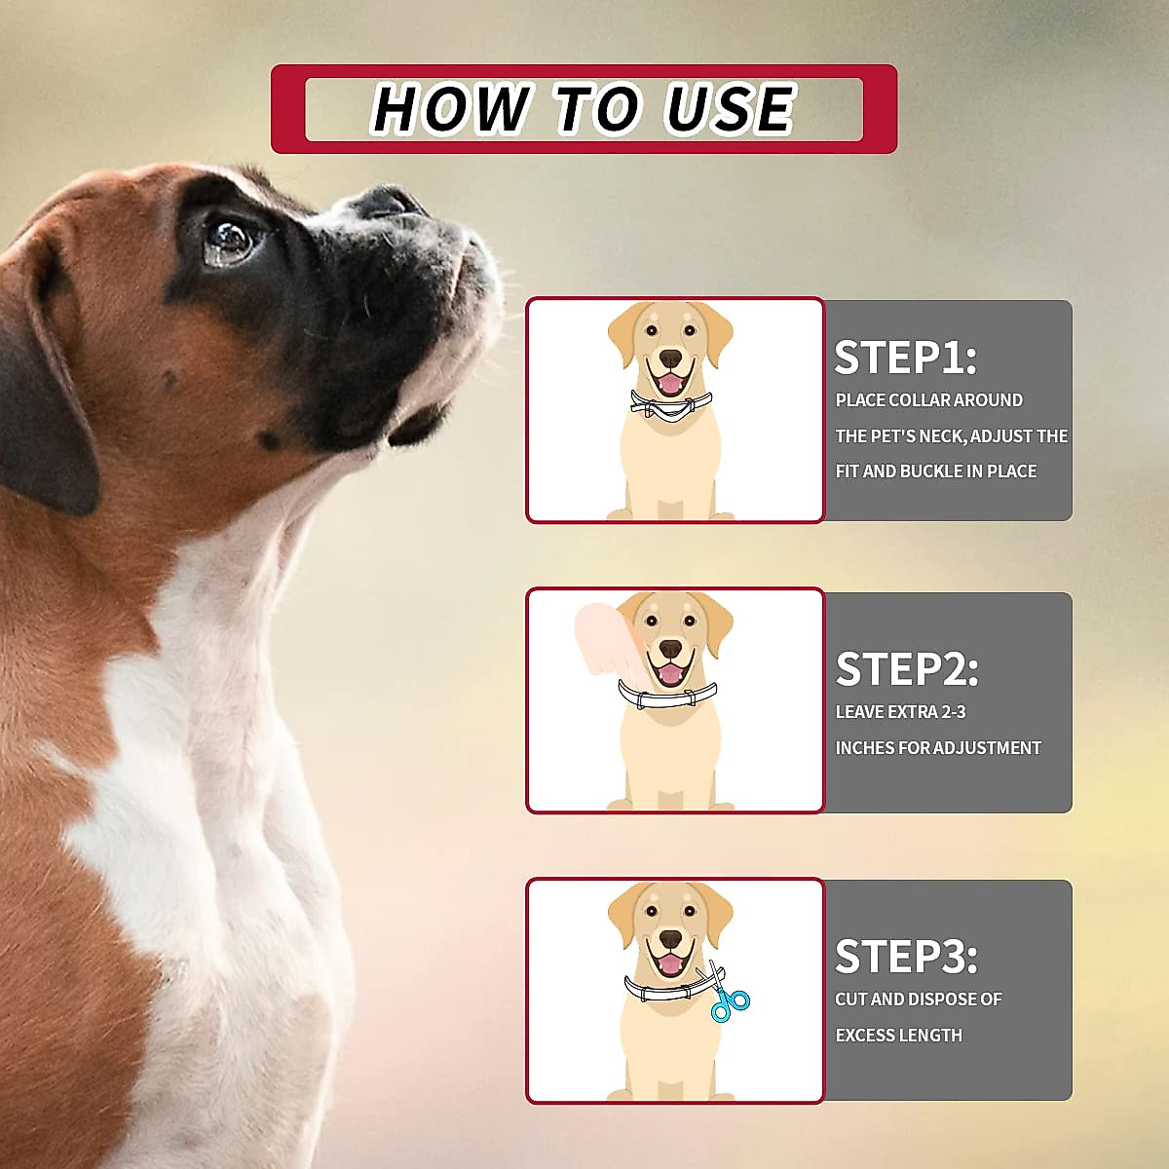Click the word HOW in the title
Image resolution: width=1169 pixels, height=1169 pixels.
pyautogui.click(x=452, y=108)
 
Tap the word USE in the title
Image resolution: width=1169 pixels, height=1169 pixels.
pyautogui.click(x=730, y=108)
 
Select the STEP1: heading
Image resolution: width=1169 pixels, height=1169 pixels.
pyautogui.click(x=905, y=358)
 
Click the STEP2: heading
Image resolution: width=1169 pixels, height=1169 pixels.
pyautogui.click(x=907, y=669)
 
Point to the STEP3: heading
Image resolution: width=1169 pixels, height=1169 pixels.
pyautogui.click(x=906, y=957)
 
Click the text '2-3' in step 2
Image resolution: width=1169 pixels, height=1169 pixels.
pyautogui.click(x=953, y=712)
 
